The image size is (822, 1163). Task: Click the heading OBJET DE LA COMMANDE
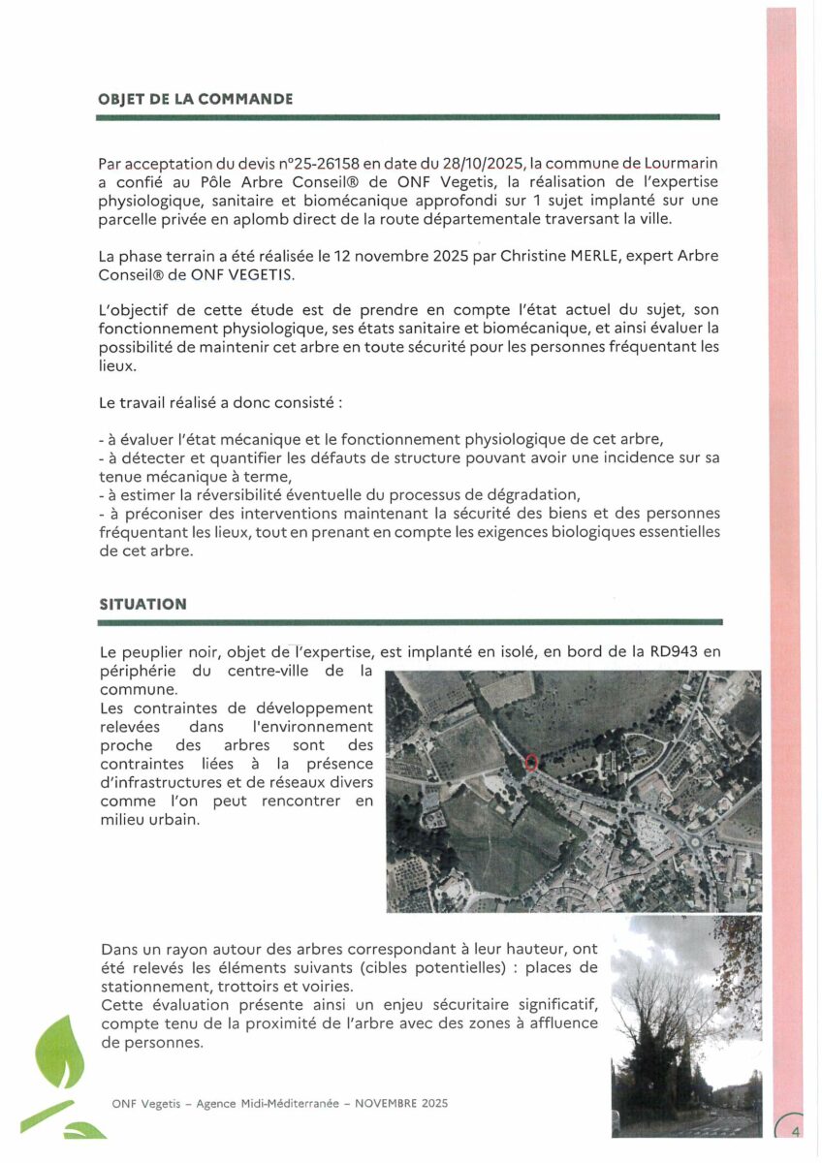[196, 100]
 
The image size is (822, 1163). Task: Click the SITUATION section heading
[142, 604]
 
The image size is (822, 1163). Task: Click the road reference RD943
[673, 652]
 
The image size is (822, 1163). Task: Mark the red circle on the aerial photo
[530, 762]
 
